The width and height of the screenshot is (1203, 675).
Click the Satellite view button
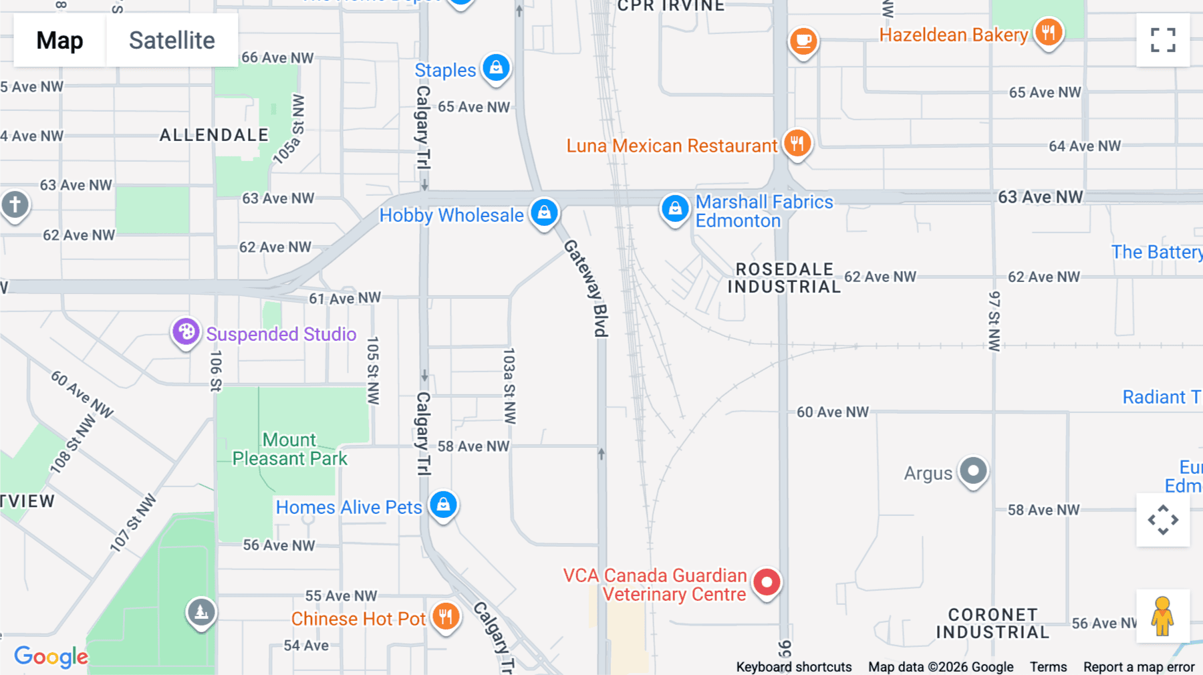pos(172,40)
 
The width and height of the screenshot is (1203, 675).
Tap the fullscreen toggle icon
pos(1163,40)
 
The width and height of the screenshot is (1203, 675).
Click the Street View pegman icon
pos(1162,616)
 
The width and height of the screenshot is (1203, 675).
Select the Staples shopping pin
pos(496,68)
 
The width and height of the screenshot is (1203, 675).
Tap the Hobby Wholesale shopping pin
pos(545,213)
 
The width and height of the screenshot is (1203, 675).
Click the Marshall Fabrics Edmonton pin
pos(675,209)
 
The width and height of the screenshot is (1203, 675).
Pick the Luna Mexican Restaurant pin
pos(797,143)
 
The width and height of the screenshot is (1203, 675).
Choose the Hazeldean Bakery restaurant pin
pos(1048,32)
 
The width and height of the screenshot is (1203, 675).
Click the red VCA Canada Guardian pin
pos(767,582)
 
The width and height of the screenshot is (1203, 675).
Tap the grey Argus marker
pos(973,471)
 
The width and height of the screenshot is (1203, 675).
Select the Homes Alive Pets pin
pos(443,505)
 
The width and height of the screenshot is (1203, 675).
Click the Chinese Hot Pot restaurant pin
pos(445,616)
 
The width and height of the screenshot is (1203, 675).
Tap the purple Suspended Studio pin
pos(186,331)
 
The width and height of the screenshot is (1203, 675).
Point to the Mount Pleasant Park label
pos(289,449)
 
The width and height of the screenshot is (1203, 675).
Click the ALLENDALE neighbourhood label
pos(214,135)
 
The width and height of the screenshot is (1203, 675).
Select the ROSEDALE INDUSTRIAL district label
pos(784,278)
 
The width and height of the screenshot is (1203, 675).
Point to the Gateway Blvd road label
pos(587,288)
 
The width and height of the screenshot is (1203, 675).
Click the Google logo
pos(51,657)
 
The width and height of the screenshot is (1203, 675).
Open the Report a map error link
pos(1139,667)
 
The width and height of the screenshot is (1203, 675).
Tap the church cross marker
pos(15,204)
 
